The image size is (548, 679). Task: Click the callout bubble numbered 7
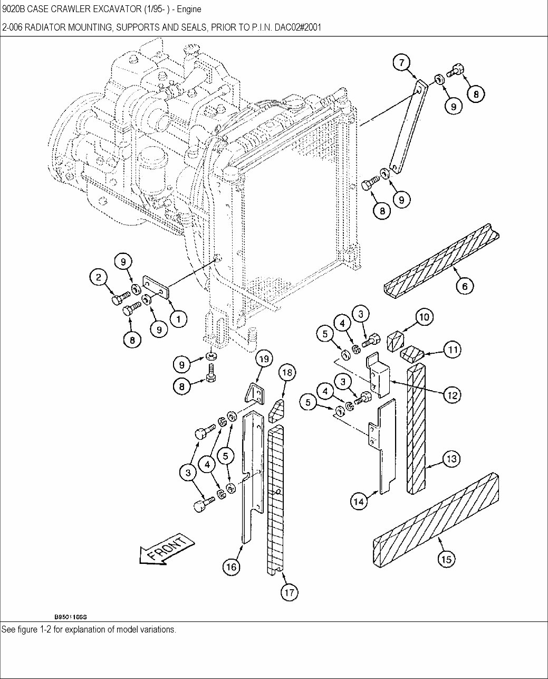(x=401, y=63)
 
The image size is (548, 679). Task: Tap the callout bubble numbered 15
(x=446, y=559)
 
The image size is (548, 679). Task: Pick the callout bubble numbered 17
(x=289, y=592)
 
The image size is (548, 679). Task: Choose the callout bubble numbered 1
(x=179, y=318)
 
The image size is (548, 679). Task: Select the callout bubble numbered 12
(x=451, y=394)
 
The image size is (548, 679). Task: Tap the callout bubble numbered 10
(x=425, y=317)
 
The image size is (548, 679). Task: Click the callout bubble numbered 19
(x=264, y=359)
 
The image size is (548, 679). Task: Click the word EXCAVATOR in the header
(x=111, y=10)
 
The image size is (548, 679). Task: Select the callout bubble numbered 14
(x=359, y=501)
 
